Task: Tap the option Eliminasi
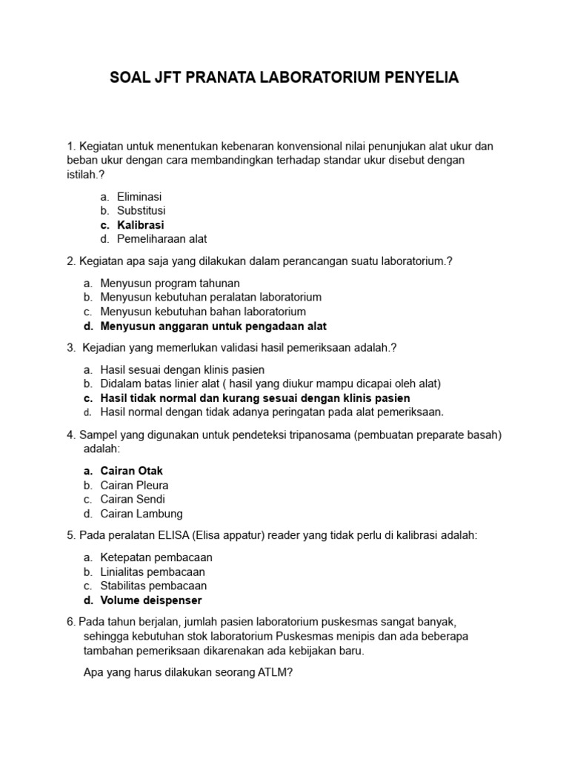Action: pyautogui.click(x=139, y=197)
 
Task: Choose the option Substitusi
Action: pyautogui.click(x=142, y=211)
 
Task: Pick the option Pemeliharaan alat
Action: pyautogui.click(x=162, y=239)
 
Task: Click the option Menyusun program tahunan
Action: pyautogui.click(x=170, y=283)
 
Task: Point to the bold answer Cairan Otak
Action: pyautogui.click(x=132, y=471)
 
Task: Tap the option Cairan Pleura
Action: pyautogui.click(x=134, y=486)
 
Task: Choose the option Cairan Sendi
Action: pyautogui.click(x=133, y=500)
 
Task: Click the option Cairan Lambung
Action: pyautogui.click(x=142, y=514)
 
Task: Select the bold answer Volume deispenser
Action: pyautogui.click(x=151, y=600)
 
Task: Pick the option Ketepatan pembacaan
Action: pyautogui.click(x=156, y=557)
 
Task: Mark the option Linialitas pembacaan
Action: pyautogui.click(x=153, y=571)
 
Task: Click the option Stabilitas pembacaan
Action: pyautogui.click(x=153, y=586)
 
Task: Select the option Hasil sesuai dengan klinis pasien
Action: pyautogui.click(x=182, y=369)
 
